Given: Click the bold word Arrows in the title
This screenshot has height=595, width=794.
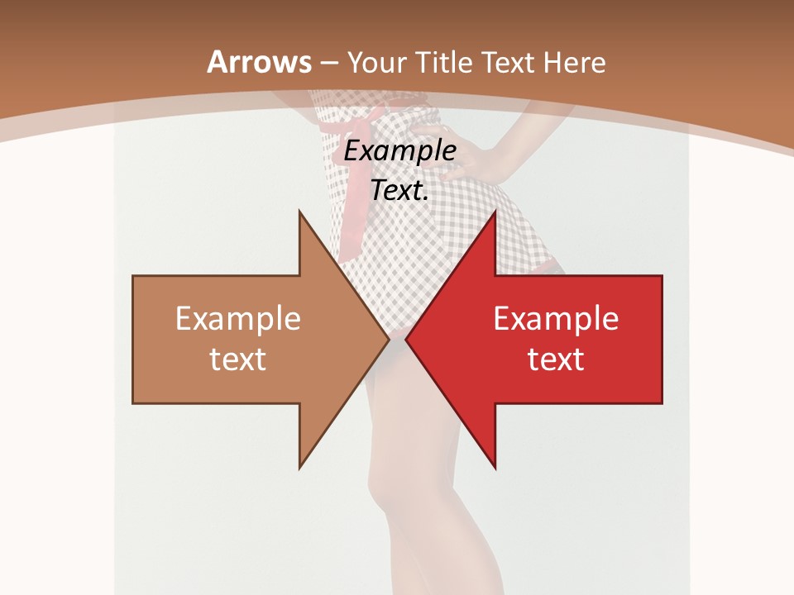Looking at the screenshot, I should tap(259, 62).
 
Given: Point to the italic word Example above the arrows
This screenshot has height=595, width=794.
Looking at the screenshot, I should tap(400, 151).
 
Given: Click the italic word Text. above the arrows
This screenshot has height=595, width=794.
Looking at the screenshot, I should tap(400, 191).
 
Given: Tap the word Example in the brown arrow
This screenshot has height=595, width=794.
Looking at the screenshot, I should tap(238, 318).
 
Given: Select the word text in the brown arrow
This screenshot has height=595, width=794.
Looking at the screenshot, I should tap(238, 359).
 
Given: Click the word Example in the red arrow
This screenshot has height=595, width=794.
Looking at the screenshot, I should tap(556, 318).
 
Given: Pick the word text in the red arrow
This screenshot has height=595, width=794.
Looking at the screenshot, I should tap(556, 359).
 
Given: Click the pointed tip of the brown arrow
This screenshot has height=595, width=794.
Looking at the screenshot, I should tap(388, 339).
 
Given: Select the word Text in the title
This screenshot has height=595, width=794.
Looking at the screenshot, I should tap(510, 62).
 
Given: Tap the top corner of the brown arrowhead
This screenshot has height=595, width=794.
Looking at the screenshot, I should tap(299, 212).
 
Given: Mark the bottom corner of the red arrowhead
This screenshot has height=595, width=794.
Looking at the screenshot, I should tap(495, 468).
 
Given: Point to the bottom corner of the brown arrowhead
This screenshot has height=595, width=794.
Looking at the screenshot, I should tap(299, 468).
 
